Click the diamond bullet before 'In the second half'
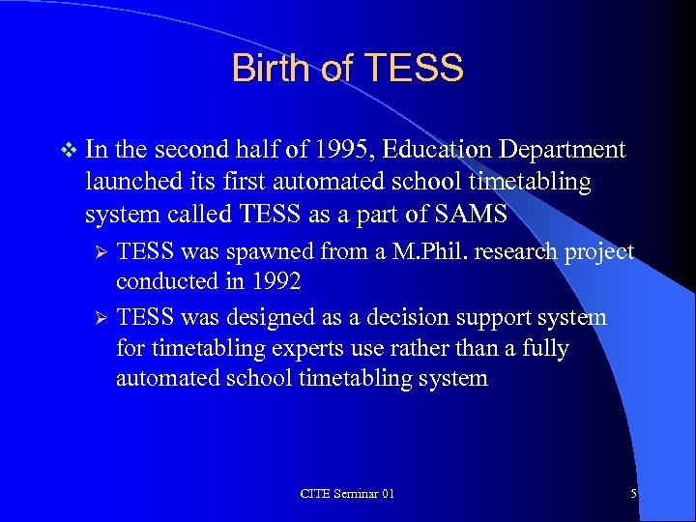(66, 150)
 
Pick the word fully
(544, 347)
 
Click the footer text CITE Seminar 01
(347, 494)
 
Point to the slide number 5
(633, 494)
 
